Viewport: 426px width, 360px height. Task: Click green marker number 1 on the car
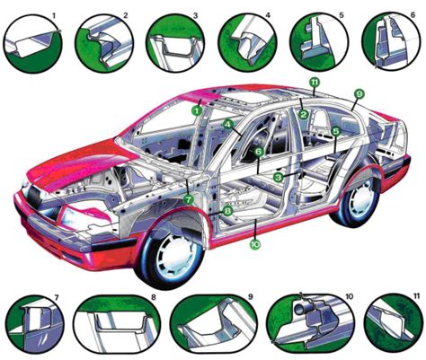tap(196, 110)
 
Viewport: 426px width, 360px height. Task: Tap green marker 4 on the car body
tap(228, 125)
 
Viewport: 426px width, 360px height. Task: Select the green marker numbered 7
tap(188, 198)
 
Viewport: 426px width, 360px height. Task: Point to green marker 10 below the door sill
tap(254, 242)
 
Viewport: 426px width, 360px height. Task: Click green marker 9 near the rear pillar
tap(358, 93)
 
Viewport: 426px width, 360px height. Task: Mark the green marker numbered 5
tap(335, 131)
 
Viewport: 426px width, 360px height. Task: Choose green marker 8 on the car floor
tap(228, 211)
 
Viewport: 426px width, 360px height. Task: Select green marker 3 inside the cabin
tap(279, 177)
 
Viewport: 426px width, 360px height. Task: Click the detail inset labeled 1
tap(33, 40)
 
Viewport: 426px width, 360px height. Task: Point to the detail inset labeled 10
tap(309, 323)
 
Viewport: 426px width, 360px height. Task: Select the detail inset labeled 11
tap(392, 323)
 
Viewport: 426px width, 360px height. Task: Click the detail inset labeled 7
tap(32, 323)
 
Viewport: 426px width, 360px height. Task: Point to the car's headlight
tap(71, 215)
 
